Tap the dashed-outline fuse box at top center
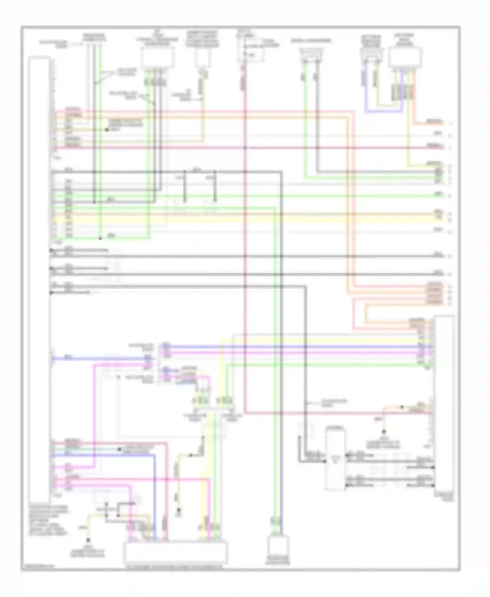[251, 53]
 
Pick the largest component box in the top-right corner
[405, 57]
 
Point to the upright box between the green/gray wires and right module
[335, 460]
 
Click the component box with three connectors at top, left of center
[157, 58]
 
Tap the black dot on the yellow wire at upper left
[107, 130]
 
